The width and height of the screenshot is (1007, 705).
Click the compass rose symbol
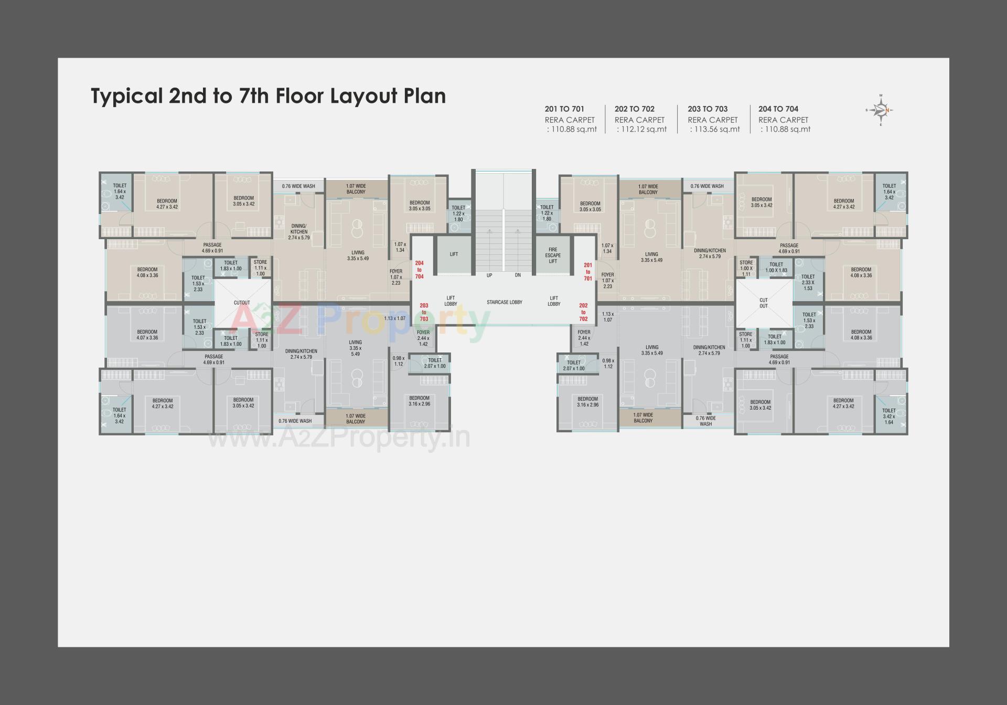(881, 110)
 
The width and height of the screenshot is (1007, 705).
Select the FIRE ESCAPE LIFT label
(553, 255)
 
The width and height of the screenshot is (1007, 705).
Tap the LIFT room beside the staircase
(454, 254)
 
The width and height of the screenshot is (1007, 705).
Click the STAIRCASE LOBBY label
(504, 302)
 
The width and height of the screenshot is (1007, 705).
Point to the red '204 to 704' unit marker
(419, 270)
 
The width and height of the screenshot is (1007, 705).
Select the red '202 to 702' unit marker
(583, 312)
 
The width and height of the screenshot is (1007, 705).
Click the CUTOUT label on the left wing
(242, 303)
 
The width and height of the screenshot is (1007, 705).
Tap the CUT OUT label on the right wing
(764, 303)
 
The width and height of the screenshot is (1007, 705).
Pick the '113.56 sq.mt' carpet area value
(715, 130)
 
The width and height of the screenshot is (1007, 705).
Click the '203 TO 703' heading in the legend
(708, 109)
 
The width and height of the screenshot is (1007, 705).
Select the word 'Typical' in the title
(126, 97)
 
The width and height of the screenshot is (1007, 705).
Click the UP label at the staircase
(489, 275)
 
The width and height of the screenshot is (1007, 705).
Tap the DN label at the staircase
(518, 275)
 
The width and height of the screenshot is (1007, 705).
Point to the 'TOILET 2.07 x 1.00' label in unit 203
(434, 363)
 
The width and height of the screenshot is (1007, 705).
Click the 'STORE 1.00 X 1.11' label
(746, 268)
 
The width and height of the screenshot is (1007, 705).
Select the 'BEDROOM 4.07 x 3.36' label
(147, 335)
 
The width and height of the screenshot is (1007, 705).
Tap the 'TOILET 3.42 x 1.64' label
(889, 416)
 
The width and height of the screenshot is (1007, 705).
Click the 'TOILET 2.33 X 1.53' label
(808, 282)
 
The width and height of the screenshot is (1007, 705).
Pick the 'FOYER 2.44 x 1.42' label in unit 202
(584, 338)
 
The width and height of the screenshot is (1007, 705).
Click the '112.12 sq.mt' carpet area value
(642, 130)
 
